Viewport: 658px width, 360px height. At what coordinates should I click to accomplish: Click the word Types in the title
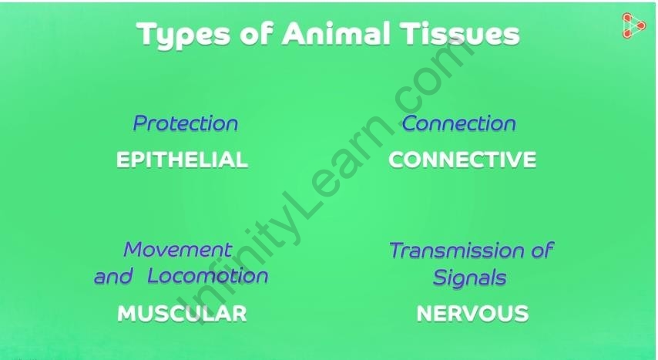tap(183, 35)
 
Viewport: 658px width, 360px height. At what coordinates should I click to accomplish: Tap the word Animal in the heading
tap(336, 33)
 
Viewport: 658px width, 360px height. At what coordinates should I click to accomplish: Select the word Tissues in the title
tap(460, 33)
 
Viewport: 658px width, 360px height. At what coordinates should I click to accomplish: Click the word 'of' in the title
tap(257, 33)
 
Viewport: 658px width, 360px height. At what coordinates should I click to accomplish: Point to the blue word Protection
tap(186, 123)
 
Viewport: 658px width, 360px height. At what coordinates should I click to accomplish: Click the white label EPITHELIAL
tap(182, 160)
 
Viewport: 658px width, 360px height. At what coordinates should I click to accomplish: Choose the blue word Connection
tap(459, 123)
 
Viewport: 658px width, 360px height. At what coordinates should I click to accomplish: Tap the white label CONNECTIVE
tap(462, 160)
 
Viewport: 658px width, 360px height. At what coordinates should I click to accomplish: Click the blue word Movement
tap(178, 250)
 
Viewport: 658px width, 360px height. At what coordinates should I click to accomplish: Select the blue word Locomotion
tap(208, 276)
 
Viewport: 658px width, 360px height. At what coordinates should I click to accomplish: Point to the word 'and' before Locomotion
tap(114, 277)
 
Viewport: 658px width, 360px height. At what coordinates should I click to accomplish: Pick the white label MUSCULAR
tap(182, 314)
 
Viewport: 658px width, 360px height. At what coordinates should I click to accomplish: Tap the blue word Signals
tap(469, 278)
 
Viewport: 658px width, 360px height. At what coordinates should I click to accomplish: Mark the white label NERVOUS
tap(472, 314)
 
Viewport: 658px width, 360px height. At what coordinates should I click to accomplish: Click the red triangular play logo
tap(633, 25)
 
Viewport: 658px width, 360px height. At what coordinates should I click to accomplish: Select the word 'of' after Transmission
tap(542, 250)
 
